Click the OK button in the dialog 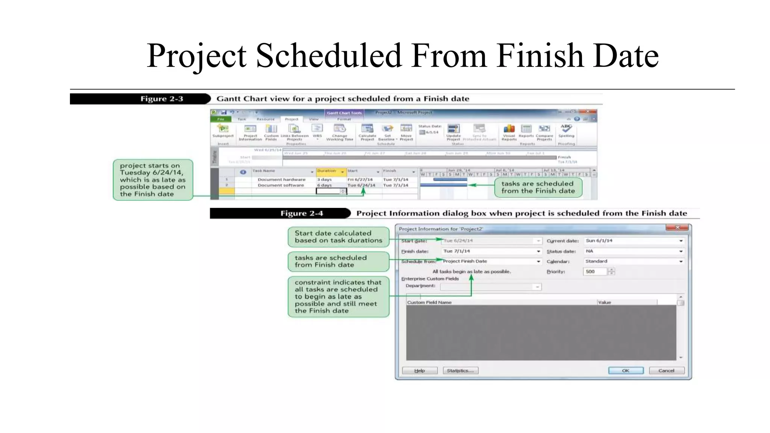click(626, 371)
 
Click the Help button click(420, 371)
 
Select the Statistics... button click(460, 371)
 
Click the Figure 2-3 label click(162, 99)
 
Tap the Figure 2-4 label click(302, 213)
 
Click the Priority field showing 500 click(595, 271)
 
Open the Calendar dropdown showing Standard click(634, 261)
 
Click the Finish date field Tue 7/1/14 click(491, 251)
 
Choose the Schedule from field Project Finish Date click(491, 261)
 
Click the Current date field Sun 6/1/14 click(634, 241)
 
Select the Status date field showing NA click(634, 251)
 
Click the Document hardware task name click(281, 180)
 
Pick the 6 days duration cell click(324, 185)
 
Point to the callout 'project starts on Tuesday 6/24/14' click(153, 180)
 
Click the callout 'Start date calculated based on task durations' click(338, 237)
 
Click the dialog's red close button click(677, 227)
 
